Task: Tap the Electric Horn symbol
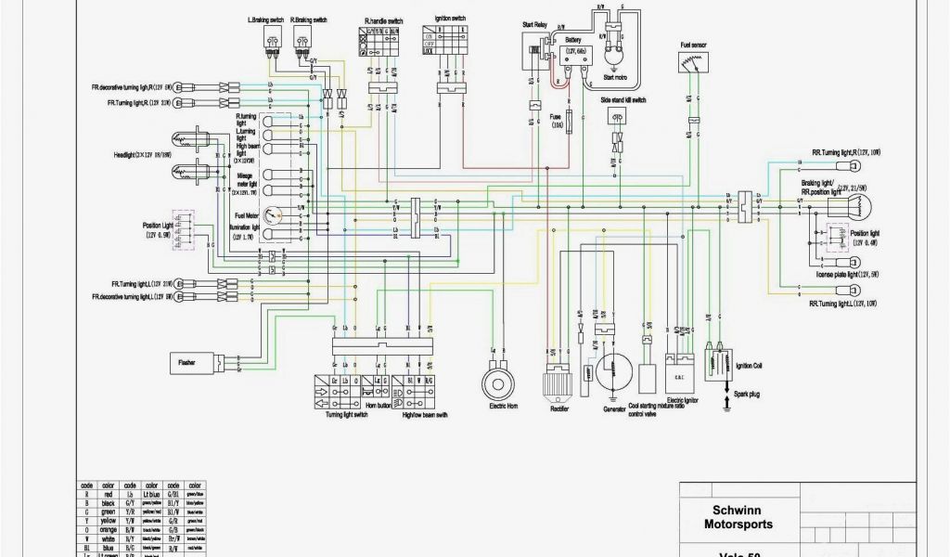click(x=498, y=382)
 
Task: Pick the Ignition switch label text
click(x=449, y=19)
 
